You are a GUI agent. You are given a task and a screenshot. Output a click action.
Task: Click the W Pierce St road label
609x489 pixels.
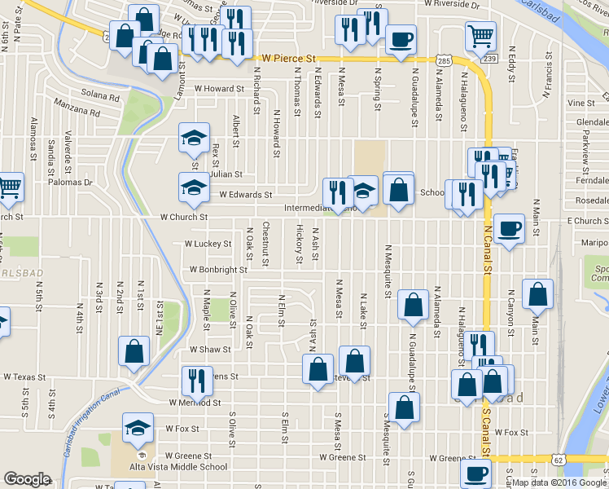click(x=288, y=59)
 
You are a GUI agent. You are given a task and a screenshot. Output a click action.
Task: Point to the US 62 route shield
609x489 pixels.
click(x=557, y=460)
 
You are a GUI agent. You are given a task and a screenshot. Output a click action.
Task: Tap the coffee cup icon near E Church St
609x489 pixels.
click(x=509, y=229)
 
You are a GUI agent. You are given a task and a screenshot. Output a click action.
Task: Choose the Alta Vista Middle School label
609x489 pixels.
click(x=178, y=467)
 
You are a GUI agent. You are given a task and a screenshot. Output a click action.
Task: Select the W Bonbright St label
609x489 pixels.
click(x=218, y=269)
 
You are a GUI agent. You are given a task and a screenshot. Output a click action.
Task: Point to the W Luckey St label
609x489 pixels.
click(x=208, y=243)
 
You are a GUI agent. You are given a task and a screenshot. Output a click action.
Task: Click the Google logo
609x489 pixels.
click(x=28, y=479)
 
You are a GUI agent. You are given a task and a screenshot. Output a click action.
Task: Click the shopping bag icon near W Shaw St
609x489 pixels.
click(x=134, y=351)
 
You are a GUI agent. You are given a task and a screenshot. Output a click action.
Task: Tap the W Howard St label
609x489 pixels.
click(x=219, y=89)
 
